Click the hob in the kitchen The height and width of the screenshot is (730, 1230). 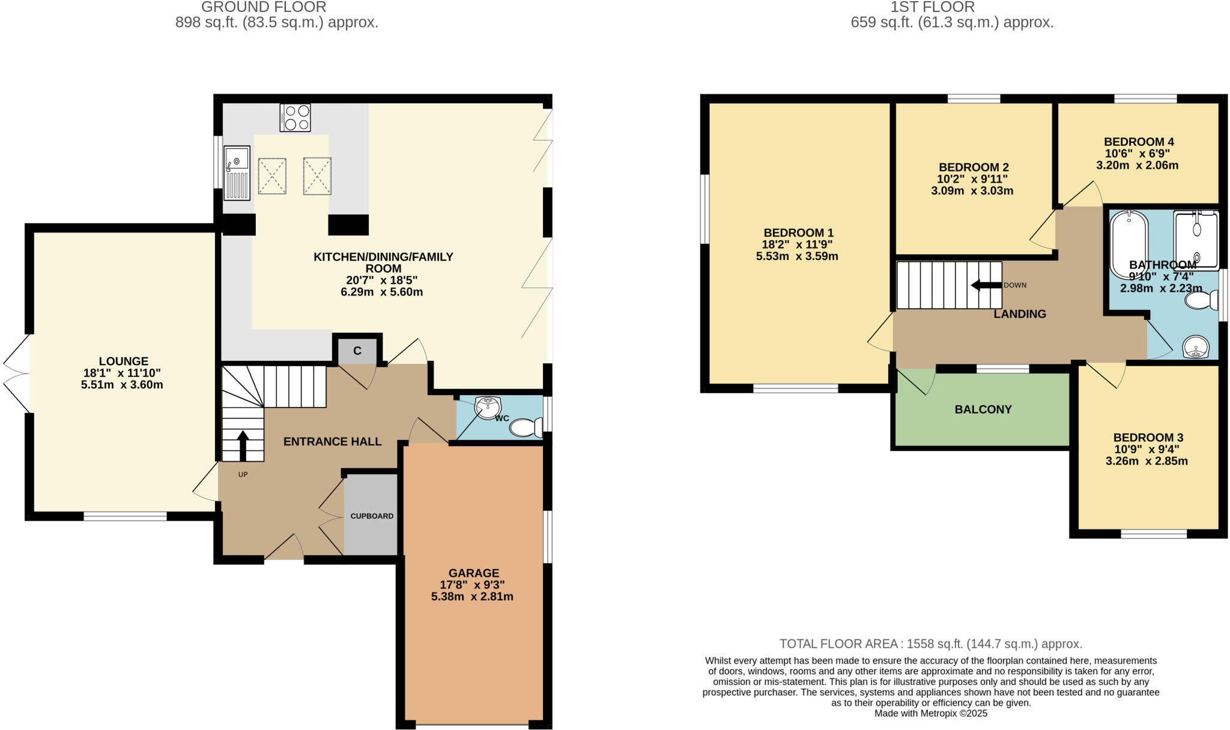[295, 118]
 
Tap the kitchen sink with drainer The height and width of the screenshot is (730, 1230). [237, 173]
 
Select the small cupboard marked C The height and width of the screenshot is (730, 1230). [357, 351]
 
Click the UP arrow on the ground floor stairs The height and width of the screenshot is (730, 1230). [243, 445]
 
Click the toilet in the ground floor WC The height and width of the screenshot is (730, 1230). [525, 427]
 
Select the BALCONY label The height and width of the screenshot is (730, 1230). [983, 409]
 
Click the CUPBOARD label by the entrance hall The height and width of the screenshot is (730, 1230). [372, 516]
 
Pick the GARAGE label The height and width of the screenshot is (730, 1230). [473, 573]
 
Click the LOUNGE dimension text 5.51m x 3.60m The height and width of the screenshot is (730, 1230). [122, 385]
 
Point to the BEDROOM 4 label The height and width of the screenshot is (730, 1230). [1139, 142]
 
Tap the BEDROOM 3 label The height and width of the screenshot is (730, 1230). [1148, 438]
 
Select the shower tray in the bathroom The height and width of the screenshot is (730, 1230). [1196, 239]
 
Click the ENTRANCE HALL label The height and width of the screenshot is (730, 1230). [332, 442]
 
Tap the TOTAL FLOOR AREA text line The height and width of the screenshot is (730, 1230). [930, 644]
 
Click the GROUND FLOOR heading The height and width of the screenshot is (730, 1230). [264, 7]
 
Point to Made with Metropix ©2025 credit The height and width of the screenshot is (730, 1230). [930, 714]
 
